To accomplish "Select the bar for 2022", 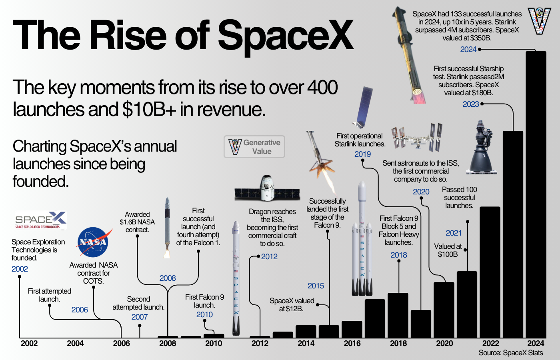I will tap(490, 272).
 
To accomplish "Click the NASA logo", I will tap(93, 242).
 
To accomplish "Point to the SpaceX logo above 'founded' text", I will tap(41, 220).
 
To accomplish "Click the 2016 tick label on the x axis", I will tap(352, 344).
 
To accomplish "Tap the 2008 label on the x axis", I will tap(167, 344).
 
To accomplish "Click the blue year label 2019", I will tap(362, 154).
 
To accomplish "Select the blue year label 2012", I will tap(269, 256).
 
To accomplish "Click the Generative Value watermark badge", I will tap(254, 147).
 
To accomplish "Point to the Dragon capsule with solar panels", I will tap(267, 189).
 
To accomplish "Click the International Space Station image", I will tap(416, 138).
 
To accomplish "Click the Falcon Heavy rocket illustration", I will tap(362, 240).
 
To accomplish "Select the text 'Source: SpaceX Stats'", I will tap(510, 353).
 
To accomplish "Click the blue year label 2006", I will tap(80, 310).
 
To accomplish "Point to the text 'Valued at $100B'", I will tap(448, 250).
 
